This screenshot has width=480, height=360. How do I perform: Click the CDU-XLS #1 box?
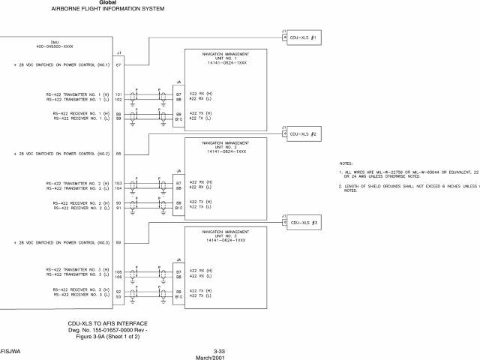point(307,37)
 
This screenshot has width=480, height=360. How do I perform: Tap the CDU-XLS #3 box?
point(307,223)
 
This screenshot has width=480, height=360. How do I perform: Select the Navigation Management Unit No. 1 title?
point(226,58)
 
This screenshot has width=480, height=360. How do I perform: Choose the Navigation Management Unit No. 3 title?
point(226,235)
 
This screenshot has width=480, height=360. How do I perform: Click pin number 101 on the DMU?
point(118,94)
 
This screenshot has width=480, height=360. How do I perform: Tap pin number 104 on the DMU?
point(118,188)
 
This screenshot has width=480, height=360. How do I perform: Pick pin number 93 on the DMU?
point(118,296)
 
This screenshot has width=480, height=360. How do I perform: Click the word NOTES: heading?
point(346,163)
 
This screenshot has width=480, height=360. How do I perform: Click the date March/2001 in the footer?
point(220,357)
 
